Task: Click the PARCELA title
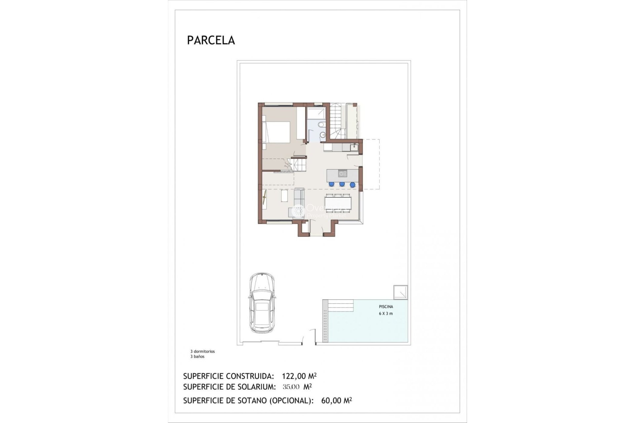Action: (x=211, y=40)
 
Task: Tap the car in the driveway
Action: (x=262, y=303)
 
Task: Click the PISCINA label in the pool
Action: (x=386, y=307)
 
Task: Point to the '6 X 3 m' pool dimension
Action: (x=386, y=314)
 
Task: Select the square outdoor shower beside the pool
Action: (x=400, y=292)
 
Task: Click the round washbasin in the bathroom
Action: (x=323, y=135)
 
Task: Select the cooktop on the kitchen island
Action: (x=342, y=173)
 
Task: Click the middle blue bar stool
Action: (x=342, y=184)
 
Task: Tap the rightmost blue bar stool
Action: (x=353, y=184)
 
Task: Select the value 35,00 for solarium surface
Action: (x=291, y=387)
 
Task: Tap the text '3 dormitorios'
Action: (x=202, y=352)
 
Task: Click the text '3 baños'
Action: (x=197, y=357)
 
